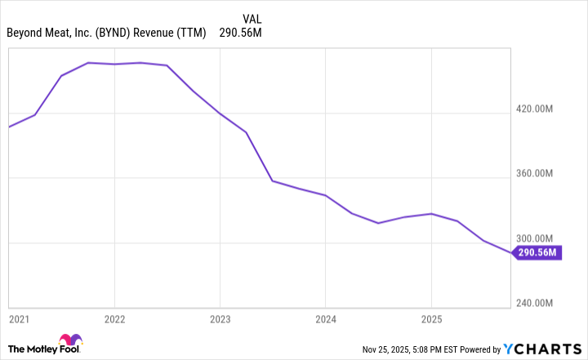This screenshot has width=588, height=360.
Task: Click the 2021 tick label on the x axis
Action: click(x=19, y=318)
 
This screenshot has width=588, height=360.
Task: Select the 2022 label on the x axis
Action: click(x=114, y=318)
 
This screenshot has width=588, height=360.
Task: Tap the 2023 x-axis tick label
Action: click(x=220, y=318)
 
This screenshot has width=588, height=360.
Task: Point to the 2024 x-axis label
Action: click(x=325, y=318)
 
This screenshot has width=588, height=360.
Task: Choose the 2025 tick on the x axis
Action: click(x=431, y=318)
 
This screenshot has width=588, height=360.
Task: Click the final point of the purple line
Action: click(x=513, y=253)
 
